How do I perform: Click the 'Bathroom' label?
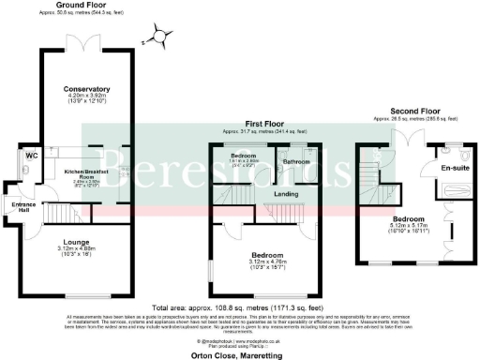(x=297, y=161)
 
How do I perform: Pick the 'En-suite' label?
(x=453, y=168)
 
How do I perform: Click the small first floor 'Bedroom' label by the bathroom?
(x=245, y=154)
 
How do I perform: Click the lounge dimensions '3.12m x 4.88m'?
(x=78, y=248)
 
